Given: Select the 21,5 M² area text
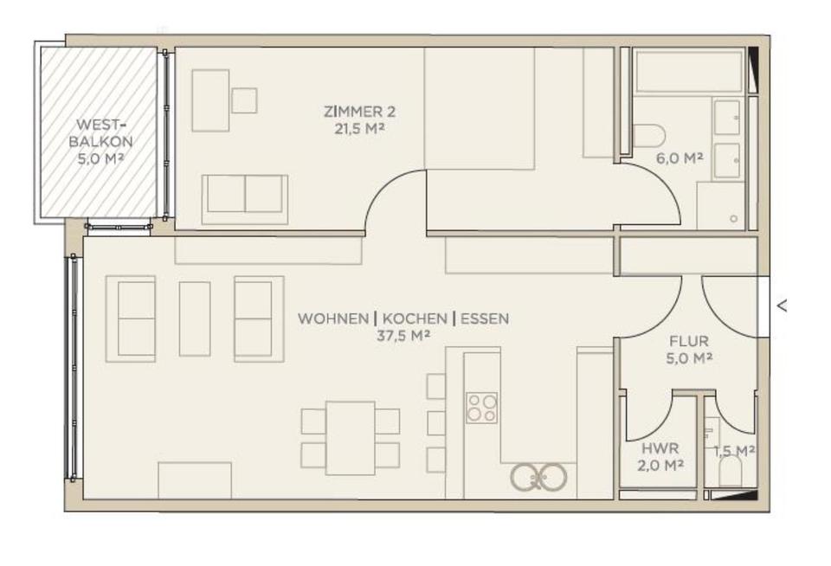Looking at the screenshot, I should coord(359,129).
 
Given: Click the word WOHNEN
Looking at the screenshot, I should coord(332,318).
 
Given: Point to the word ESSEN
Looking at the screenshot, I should coord(485,318).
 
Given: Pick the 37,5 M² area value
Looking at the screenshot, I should coord(403,336).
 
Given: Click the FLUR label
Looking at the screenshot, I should coord(689,341).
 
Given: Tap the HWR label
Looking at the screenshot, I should coord(660,448).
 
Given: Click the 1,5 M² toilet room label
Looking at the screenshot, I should coord(734,450).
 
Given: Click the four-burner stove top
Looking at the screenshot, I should coord(482,408).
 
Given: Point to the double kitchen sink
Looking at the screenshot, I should coord(538,476).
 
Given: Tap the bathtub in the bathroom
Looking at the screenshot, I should coord(688,70).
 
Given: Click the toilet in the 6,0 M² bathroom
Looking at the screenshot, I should coord(648,134).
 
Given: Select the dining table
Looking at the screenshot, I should coord(351,438).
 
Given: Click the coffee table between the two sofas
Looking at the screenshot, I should coord(195,318).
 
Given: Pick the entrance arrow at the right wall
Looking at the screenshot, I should coord(783,305).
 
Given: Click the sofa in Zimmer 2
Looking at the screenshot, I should coord(244,194).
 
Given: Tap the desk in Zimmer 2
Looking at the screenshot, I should coord(210,100).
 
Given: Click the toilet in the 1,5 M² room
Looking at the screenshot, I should coord(731,473).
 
